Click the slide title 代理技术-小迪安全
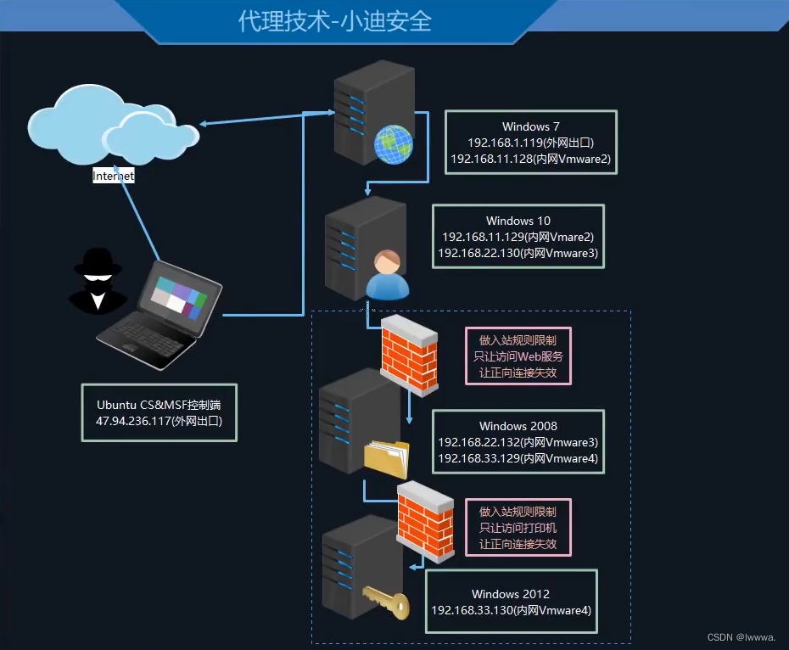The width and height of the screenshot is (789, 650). coord(335,21)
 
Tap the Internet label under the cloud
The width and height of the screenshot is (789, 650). coord(114,177)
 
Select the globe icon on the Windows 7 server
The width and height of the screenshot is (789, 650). coord(393,143)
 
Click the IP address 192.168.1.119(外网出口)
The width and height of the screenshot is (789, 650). coord(530,143)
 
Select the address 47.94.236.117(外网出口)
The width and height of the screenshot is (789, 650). coord(159,420)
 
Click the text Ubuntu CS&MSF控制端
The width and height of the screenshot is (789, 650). coord(159,404)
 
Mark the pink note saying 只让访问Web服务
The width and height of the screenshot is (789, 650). coord(518,356)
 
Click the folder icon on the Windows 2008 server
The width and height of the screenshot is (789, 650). coord(387,459)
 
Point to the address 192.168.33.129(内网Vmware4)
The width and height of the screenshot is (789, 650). coord(518,458)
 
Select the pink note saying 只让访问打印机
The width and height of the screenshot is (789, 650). coord(518,528)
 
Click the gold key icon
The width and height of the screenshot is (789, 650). coord(386,602)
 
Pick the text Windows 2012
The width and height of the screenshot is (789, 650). coord(511,594)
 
